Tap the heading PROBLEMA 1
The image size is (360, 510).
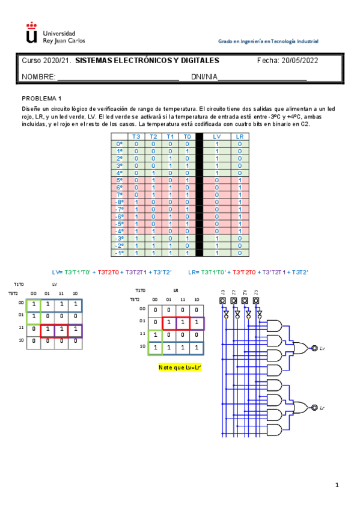(x=42, y=97)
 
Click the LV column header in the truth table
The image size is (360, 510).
(x=217, y=137)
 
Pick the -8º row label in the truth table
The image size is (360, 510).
(x=119, y=202)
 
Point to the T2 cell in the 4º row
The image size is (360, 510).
(x=153, y=173)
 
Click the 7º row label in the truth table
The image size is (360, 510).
(x=119, y=194)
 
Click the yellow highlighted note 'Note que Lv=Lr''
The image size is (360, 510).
(x=178, y=367)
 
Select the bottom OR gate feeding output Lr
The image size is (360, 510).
(x=297, y=407)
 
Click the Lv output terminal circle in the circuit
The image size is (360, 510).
(x=314, y=348)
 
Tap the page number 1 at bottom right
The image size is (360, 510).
(x=337, y=485)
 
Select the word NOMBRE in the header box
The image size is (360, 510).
(x=38, y=77)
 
